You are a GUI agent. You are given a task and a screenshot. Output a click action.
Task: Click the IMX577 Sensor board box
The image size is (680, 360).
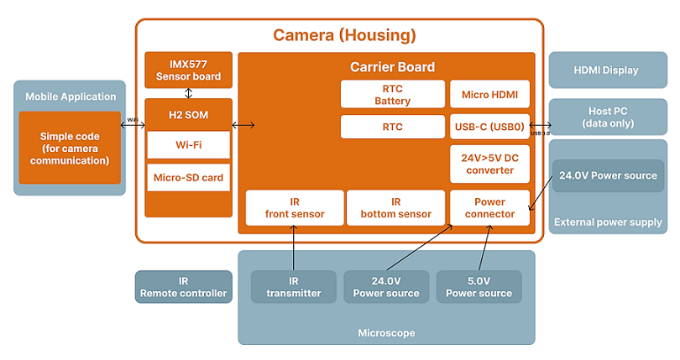pyautogui.click(x=188, y=70)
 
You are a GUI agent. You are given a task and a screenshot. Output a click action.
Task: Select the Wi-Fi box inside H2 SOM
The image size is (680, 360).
pyautogui.click(x=188, y=144)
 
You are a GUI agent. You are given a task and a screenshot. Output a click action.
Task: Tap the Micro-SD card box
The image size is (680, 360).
pyautogui.click(x=188, y=178)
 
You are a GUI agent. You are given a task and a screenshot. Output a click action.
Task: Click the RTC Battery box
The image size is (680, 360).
pyautogui.click(x=392, y=94)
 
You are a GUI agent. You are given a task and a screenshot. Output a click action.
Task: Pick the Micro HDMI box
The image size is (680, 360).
pyautogui.click(x=489, y=94)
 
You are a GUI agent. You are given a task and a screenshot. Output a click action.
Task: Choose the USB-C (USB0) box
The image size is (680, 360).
pyautogui.click(x=489, y=127)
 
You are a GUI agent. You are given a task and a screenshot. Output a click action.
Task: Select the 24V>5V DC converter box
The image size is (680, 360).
pyautogui.click(x=489, y=164)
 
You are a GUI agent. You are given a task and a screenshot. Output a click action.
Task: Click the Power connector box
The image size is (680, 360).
pyautogui.click(x=489, y=207)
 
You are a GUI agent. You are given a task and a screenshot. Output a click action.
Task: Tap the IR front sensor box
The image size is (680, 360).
pyautogui.click(x=294, y=207)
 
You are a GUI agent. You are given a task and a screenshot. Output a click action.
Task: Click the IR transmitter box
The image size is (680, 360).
pyautogui.click(x=294, y=286)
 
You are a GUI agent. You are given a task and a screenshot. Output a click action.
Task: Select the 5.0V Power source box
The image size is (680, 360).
pyautogui.click(x=479, y=286)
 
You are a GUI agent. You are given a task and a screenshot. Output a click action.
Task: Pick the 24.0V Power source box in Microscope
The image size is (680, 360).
pyautogui.click(x=386, y=286)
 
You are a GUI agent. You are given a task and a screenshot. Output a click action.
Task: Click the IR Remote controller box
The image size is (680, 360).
pyautogui.click(x=184, y=287)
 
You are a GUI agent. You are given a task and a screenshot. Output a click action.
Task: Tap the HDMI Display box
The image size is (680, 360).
pyautogui.click(x=606, y=70)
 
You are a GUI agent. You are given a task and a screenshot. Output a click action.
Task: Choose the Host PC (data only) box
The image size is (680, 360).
pyautogui.click(x=606, y=117)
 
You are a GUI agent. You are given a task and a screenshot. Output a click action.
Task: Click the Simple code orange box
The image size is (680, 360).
pyautogui.click(x=70, y=148)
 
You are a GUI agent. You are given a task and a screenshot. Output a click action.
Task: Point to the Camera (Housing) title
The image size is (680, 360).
pyautogui.click(x=344, y=36)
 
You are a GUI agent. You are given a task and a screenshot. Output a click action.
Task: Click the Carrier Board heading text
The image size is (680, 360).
pyautogui.click(x=392, y=66)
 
